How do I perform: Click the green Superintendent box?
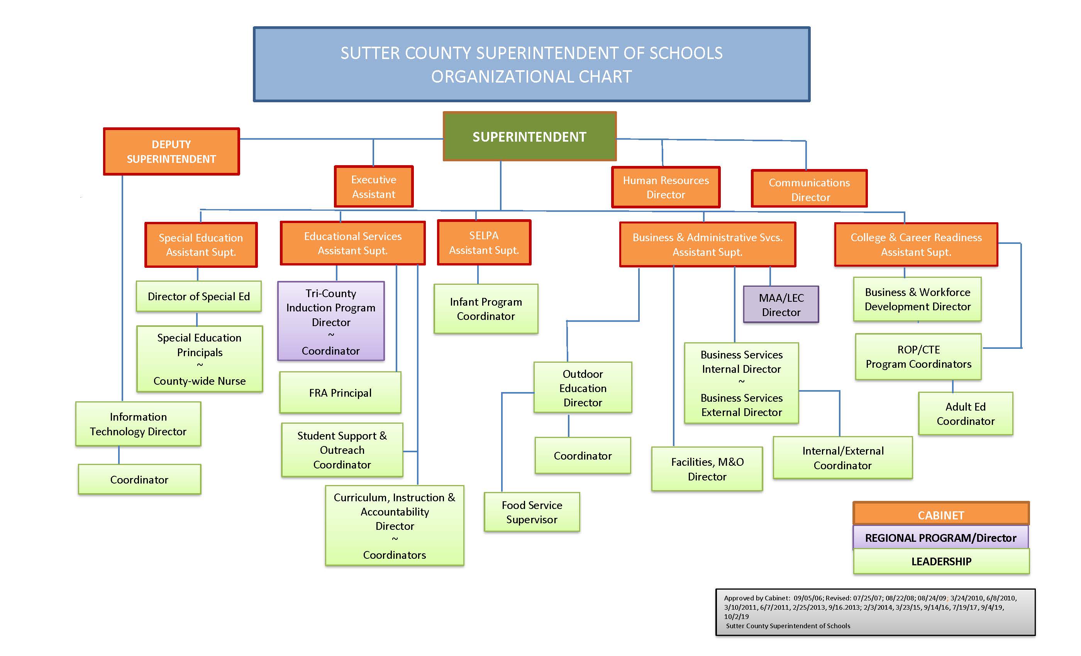[530, 136]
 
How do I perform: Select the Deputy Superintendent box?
[171, 151]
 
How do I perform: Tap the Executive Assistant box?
[374, 186]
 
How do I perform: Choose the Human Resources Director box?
[666, 187]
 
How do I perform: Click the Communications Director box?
[810, 189]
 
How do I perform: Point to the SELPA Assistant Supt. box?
[485, 242]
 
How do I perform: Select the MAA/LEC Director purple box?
[781, 305]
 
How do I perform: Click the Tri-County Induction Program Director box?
[331, 321]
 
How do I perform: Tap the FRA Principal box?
[341, 392]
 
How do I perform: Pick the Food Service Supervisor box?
[532, 512]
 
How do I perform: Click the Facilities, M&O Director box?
[707, 469]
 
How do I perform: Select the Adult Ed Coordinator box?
[966, 414]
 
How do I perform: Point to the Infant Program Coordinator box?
[486, 309]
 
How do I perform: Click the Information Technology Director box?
[138, 424]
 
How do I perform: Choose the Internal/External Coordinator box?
[843, 458]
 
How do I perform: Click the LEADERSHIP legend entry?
[942, 561]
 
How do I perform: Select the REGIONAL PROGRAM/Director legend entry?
[941, 538]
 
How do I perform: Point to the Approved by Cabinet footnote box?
[876, 612]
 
